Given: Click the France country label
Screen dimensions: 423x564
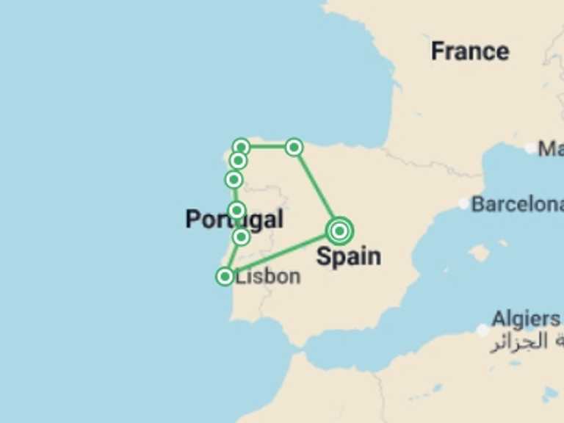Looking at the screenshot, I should tap(469, 51).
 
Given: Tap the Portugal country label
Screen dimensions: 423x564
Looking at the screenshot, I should tap(234, 219).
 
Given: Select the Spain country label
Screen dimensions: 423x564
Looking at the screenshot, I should tap(348, 256).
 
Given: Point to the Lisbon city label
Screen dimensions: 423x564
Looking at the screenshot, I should tap(268, 276).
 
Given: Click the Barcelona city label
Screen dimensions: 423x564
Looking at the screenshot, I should tap(517, 203).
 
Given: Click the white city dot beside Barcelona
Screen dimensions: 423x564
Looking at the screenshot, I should tap(463, 203).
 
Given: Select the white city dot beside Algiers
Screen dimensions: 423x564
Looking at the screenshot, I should tap(482, 330).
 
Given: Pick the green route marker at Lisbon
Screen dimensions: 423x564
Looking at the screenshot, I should tap(225, 276).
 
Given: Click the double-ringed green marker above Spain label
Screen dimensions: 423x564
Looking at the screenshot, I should tap(339, 231).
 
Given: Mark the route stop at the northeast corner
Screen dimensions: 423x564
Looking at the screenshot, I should tap(294, 148).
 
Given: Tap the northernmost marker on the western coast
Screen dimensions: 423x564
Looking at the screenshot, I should tap(241, 147).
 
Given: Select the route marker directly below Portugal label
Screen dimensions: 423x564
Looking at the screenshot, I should tap(241, 236).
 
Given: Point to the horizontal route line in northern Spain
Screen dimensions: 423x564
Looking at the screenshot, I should tap(267, 147).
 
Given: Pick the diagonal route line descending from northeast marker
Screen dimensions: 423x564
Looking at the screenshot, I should tap(316, 188).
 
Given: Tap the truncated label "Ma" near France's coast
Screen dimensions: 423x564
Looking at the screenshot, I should tap(551, 149).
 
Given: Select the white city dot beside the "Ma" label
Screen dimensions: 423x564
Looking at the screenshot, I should tap(531, 148).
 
